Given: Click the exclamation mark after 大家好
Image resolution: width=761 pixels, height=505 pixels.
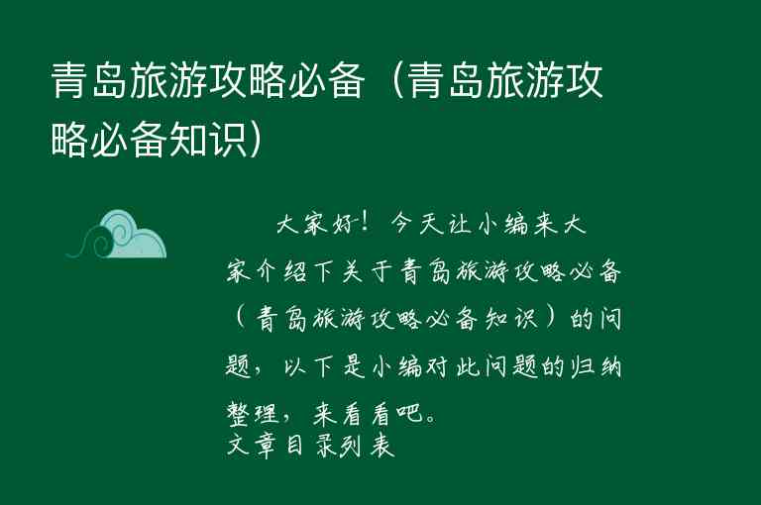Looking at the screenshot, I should pyautogui.click(x=369, y=225).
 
